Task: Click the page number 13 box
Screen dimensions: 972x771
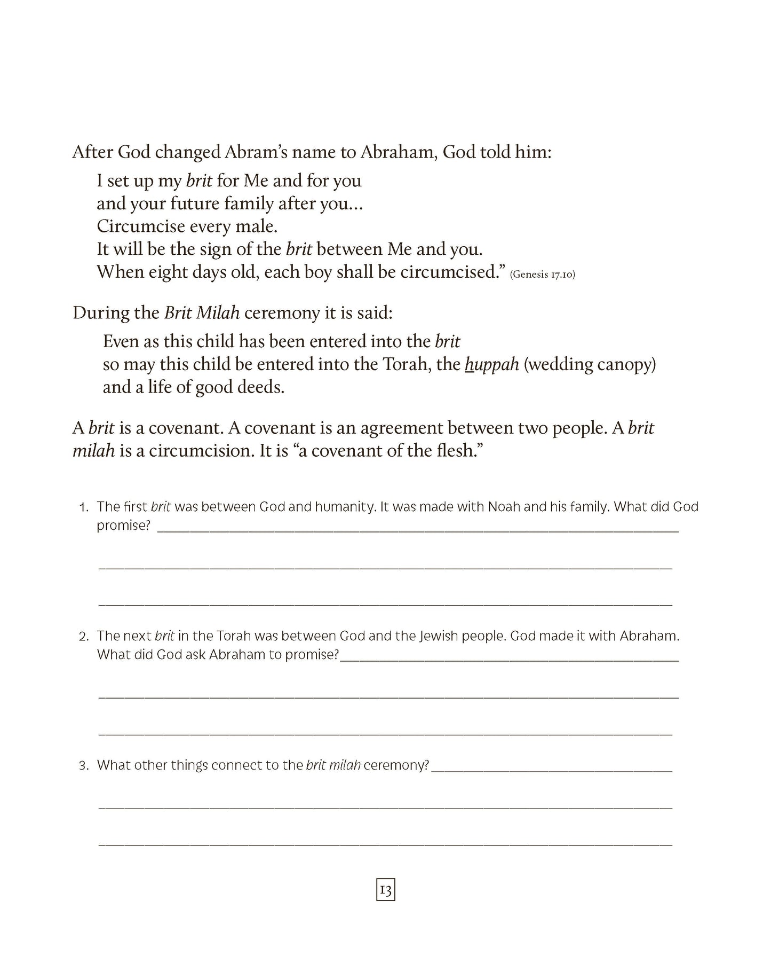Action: pos(385,890)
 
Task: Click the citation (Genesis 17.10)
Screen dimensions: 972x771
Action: pos(542,275)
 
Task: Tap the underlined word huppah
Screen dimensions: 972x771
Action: pos(492,364)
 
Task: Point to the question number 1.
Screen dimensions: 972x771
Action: pos(84,507)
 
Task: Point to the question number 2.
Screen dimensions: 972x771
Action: pos(84,637)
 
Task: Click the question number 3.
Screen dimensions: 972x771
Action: pos(84,766)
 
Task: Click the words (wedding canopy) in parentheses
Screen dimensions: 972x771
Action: pos(590,364)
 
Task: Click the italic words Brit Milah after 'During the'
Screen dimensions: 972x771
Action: pos(202,312)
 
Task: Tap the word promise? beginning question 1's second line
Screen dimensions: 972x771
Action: pos(124,526)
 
